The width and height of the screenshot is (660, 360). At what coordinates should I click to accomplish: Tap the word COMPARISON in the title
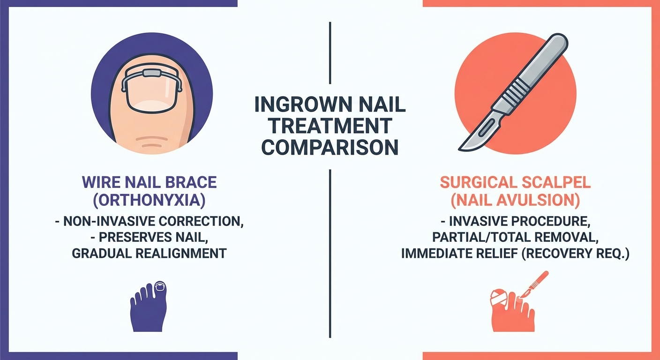point(330,147)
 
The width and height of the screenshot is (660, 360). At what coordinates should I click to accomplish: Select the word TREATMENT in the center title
point(330,126)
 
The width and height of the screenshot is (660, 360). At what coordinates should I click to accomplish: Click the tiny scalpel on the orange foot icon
point(535,284)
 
